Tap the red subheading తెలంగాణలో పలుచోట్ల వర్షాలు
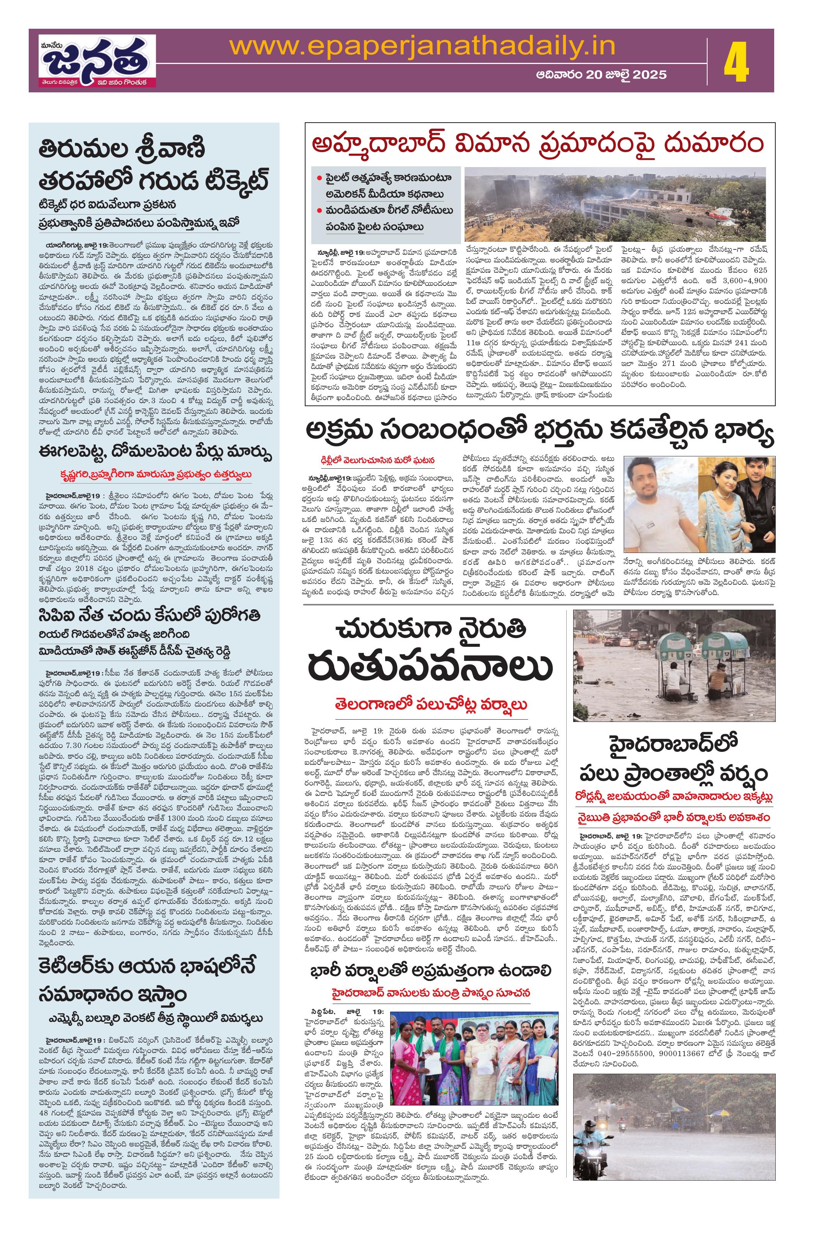tap(431, 704)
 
